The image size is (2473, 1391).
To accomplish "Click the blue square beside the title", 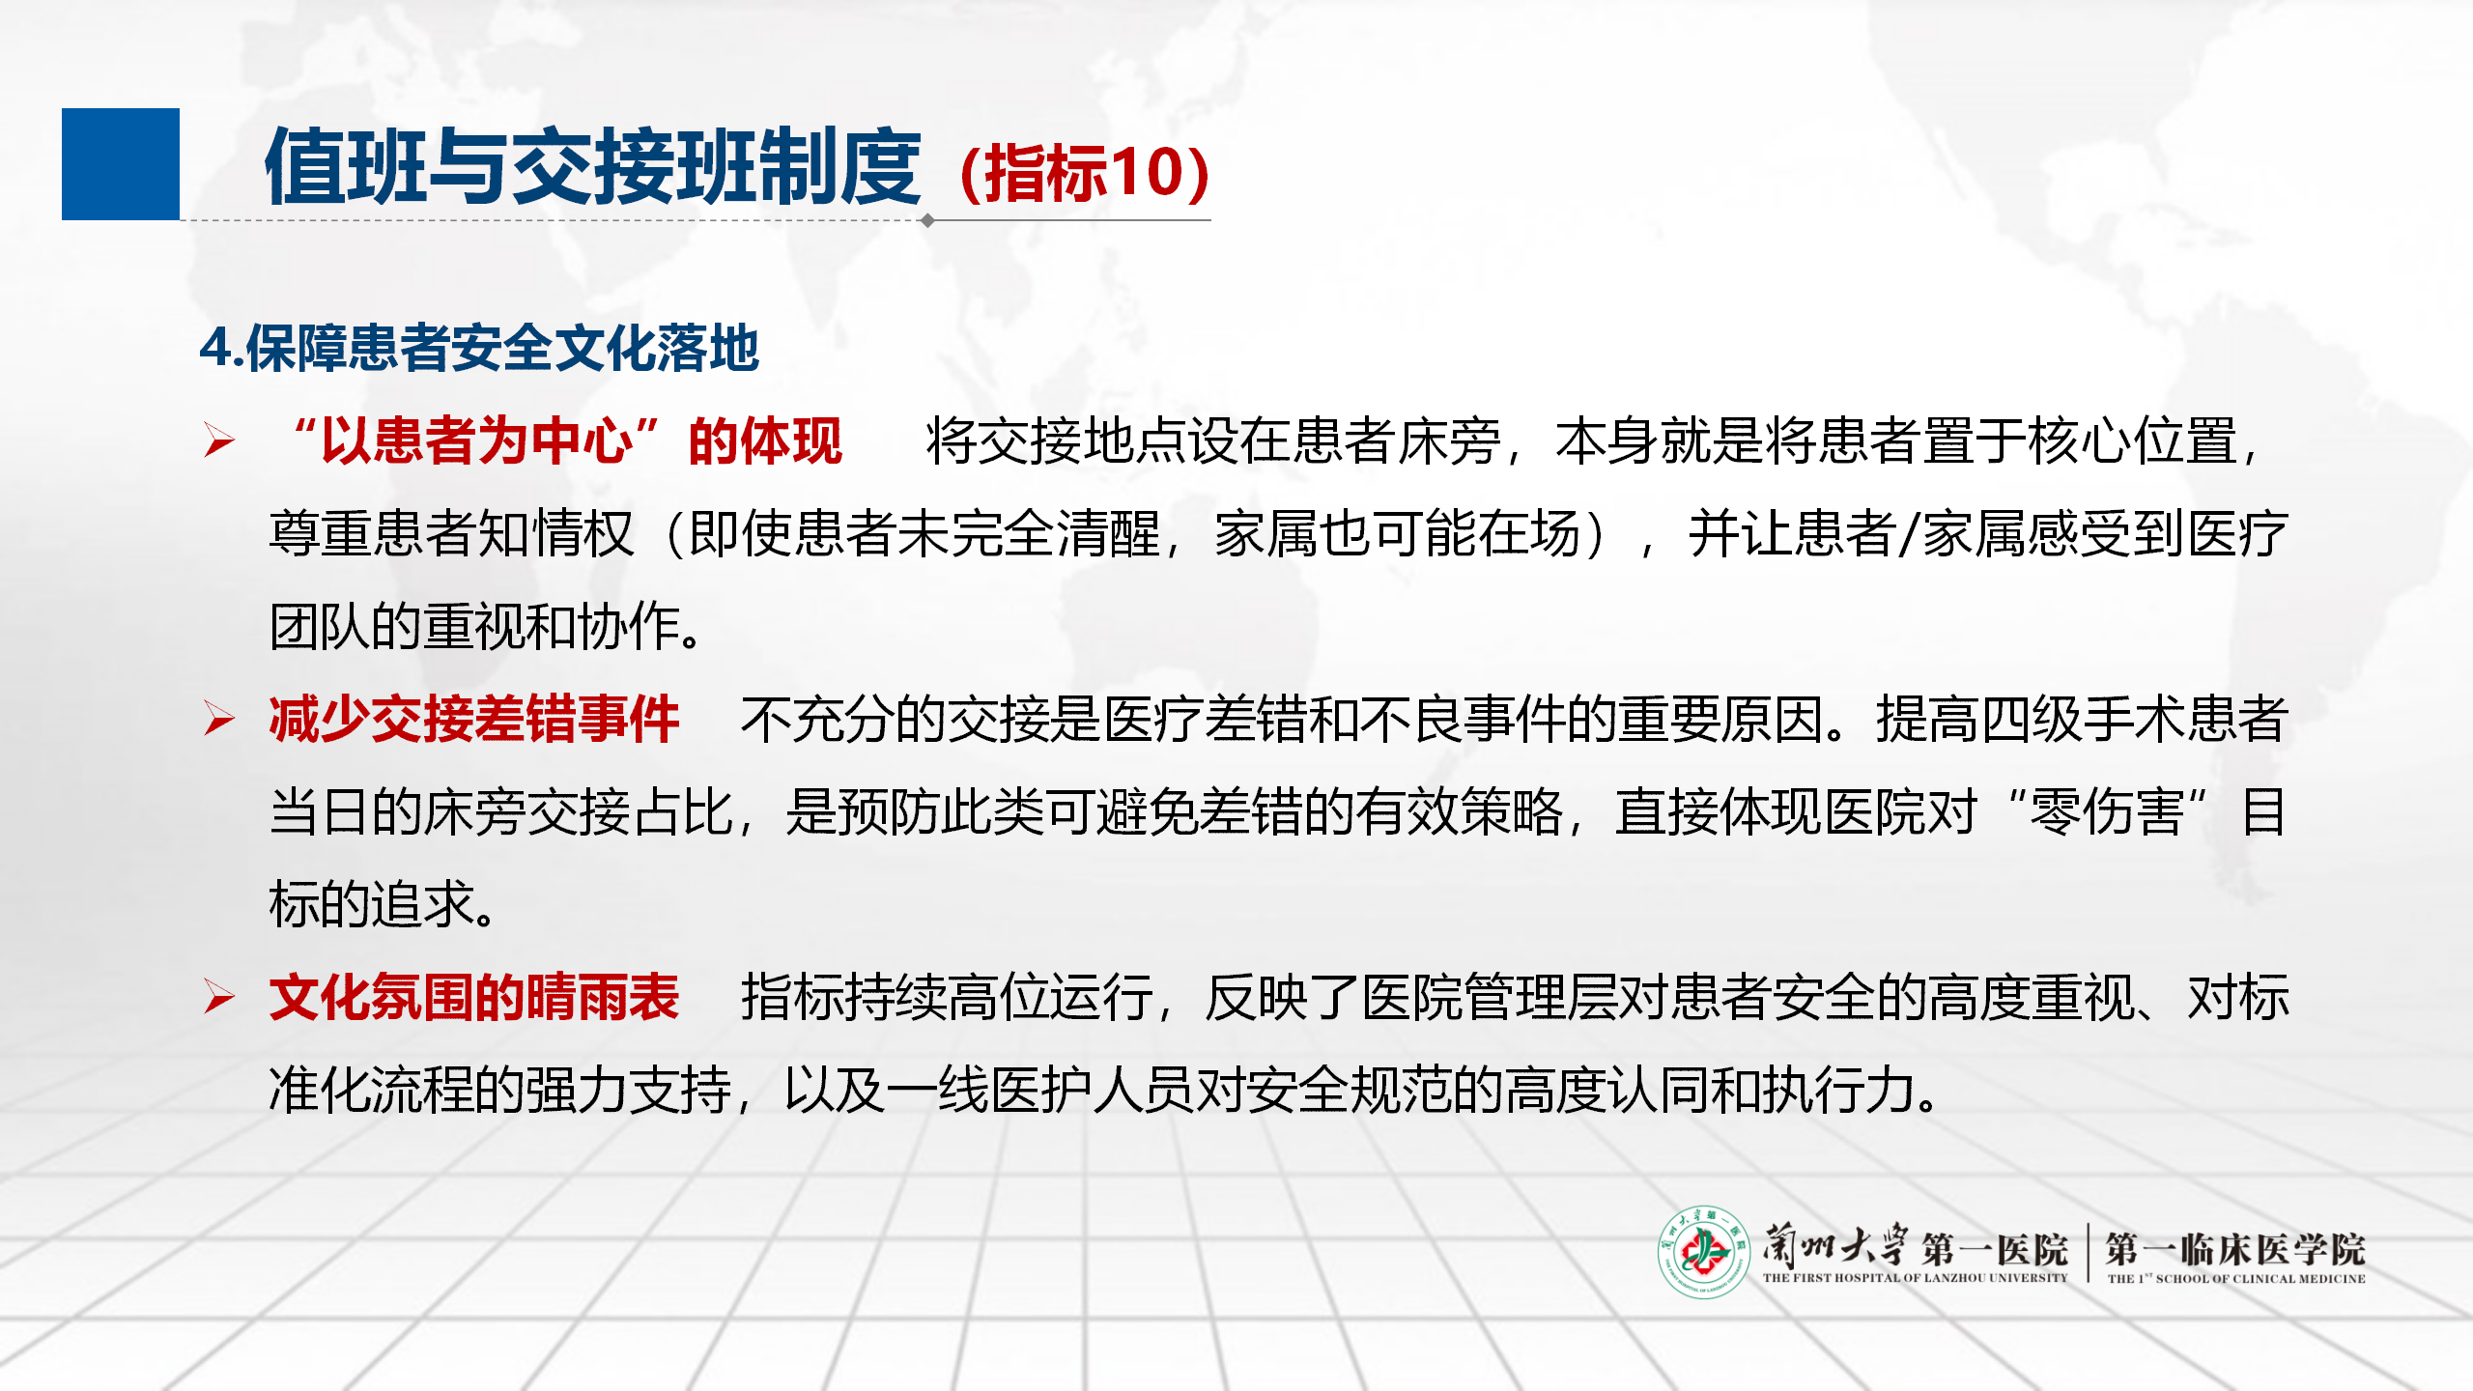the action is pos(121,164).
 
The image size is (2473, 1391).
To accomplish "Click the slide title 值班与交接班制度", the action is pos(593,168).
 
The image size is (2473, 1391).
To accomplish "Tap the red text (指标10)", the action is pos(1084,173).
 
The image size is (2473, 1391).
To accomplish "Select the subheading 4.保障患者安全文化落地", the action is pos(479,348).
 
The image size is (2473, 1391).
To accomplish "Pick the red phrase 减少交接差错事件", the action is pos(474,720).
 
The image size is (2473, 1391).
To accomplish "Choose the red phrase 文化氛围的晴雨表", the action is pos(474,998).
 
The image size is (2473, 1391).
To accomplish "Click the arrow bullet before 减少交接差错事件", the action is pos(219,719).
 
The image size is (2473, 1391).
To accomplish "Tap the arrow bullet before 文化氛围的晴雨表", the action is pos(219,997).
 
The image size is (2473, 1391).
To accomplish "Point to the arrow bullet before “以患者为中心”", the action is pos(219,440).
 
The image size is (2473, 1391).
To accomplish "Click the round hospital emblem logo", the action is pos(1704,1252).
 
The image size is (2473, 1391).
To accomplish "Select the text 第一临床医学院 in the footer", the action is pos(2235,1249).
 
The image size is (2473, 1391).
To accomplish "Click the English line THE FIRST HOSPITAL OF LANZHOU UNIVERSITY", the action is pos(1915,1278).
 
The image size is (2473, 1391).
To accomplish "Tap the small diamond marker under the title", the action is pos(927,220).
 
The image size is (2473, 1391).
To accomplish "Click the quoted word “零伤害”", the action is pos(2107,812).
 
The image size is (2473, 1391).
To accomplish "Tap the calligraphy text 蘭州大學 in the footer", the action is pos(1834,1245).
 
